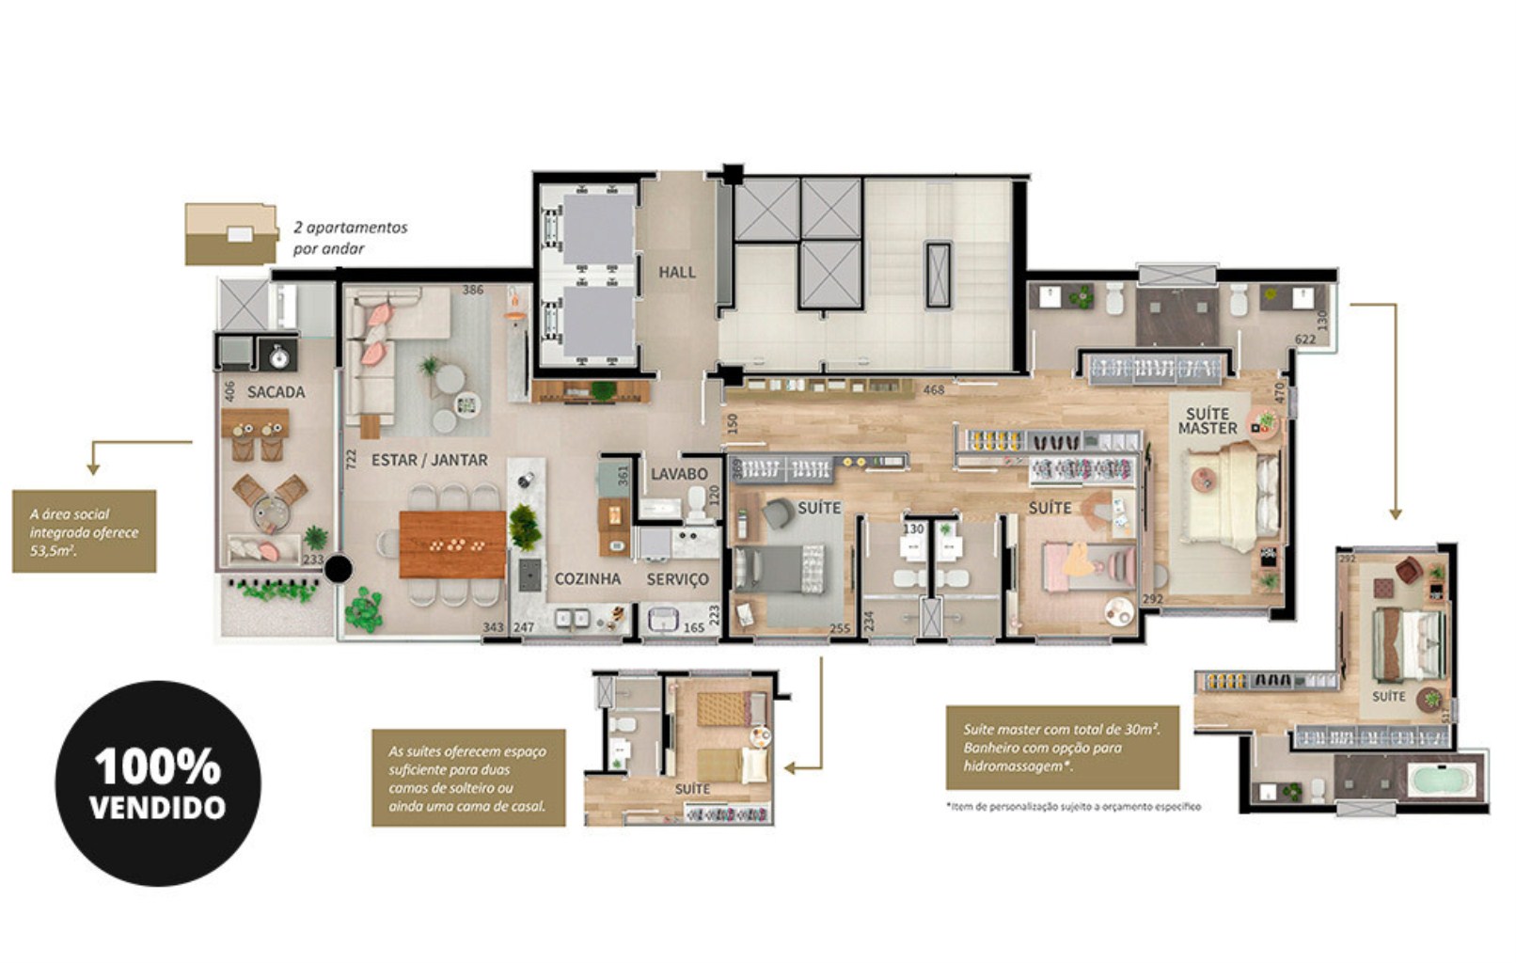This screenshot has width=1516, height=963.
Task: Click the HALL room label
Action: pyautogui.click(x=676, y=273)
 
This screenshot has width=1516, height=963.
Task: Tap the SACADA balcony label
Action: pyautogui.click(x=276, y=392)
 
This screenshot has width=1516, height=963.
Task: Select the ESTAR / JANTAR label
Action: pyautogui.click(x=429, y=460)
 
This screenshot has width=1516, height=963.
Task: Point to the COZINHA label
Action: pyautogui.click(x=587, y=579)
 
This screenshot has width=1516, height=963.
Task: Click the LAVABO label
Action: pyautogui.click(x=679, y=474)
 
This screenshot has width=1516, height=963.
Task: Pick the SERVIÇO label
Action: pyautogui.click(x=677, y=579)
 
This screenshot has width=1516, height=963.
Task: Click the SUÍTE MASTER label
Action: pyautogui.click(x=1208, y=420)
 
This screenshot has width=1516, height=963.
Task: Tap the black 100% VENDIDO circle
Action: pyautogui.click(x=158, y=782)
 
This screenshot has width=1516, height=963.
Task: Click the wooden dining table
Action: pyautogui.click(x=452, y=545)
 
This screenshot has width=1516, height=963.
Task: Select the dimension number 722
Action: pyautogui.click(x=351, y=459)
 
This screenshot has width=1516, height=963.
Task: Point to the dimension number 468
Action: pyautogui.click(x=933, y=390)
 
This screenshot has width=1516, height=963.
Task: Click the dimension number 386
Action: pyautogui.click(x=472, y=290)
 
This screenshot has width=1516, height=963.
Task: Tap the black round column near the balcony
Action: pyautogui.click(x=339, y=569)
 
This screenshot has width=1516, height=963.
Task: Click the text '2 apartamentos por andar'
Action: pyautogui.click(x=350, y=238)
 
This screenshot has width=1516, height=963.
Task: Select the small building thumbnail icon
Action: pyautogui.click(x=230, y=234)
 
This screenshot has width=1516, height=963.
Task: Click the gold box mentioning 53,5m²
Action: pyautogui.click(x=84, y=531)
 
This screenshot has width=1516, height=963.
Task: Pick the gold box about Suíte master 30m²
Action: pyautogui.click(x=1062, y=748)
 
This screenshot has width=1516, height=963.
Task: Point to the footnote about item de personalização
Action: pyautogui.click(x=1073, y=806)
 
